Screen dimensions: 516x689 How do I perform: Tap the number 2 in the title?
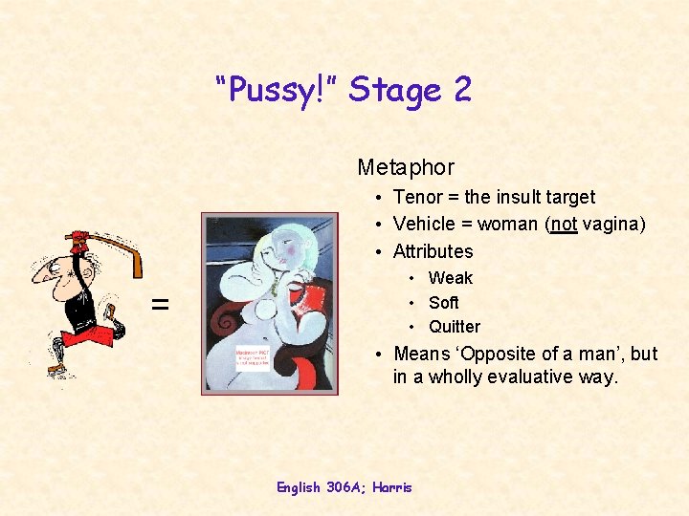pyautogui.click(x=462, y=91)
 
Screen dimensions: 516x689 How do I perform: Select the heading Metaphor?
pyautogui.click(x=406, y=167)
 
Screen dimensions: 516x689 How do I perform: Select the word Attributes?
pyautogui.click(x=433, y=251)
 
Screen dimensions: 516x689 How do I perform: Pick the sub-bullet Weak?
pyautogui.click(x=450, y=278)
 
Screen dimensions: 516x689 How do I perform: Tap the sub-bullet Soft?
pyautogui.click(x=443, y=303)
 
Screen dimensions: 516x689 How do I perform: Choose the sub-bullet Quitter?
pyautogui.click(x=454, y=327)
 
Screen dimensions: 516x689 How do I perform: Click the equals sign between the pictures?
pyautogui.click(x=161, y=305)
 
